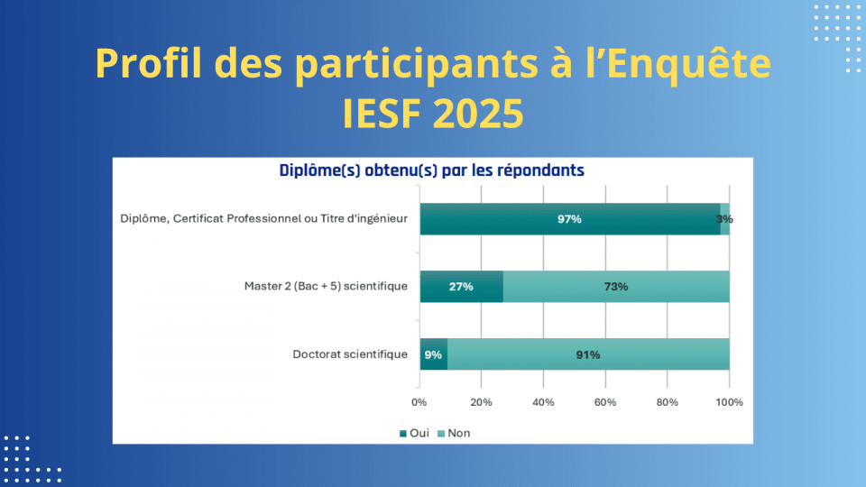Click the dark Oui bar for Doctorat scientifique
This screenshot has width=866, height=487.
point(433,354)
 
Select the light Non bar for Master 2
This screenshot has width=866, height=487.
point(616,287)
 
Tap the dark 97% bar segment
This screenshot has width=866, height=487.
point(569,219)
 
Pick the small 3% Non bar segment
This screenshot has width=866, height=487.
point(725,219)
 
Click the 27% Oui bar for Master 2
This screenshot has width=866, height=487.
point(461,287)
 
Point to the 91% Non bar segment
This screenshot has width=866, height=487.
point(588,354)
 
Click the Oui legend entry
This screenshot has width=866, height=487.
point(414,433)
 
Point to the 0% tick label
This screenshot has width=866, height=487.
point(419,401)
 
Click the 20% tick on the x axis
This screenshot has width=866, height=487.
point(481,401)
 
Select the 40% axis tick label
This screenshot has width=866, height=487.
point(543,401)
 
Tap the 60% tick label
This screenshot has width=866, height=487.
point(605,401)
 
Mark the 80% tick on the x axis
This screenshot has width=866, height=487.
point(668,401)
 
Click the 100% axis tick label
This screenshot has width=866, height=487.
point(730,401)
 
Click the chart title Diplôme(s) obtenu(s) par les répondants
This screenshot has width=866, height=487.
point(431,170)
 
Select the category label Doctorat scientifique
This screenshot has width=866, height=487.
point(350,354)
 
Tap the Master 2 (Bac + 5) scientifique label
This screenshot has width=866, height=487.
point(326,287)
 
